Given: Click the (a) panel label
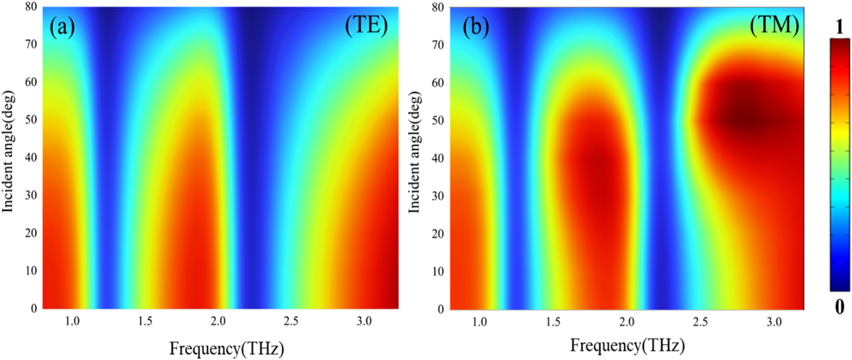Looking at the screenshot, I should coord(62,28).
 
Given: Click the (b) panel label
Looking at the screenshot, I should coord(476,27).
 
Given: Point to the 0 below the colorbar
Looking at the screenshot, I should coord(840,307).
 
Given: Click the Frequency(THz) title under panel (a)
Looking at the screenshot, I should coord(227,349).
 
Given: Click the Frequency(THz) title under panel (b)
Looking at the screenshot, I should coord(627,345).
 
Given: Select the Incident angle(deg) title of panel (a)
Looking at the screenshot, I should coord(8,152).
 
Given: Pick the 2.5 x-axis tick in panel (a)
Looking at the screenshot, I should coord(291,321).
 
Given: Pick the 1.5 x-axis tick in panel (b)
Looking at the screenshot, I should coord(553,322).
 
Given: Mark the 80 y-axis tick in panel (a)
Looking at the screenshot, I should coord(31,7).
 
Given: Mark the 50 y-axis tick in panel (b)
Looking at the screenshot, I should coord(438,121).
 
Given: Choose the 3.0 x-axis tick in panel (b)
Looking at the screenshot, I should coord(774,322).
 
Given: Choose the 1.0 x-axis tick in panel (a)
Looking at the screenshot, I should coord(72,321).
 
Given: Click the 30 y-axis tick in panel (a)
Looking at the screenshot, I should coord(31,195).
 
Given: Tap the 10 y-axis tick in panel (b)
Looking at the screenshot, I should coord(438,272).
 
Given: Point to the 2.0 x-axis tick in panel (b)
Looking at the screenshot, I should coord(627,322).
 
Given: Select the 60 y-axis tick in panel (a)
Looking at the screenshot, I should coord(31,82).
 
